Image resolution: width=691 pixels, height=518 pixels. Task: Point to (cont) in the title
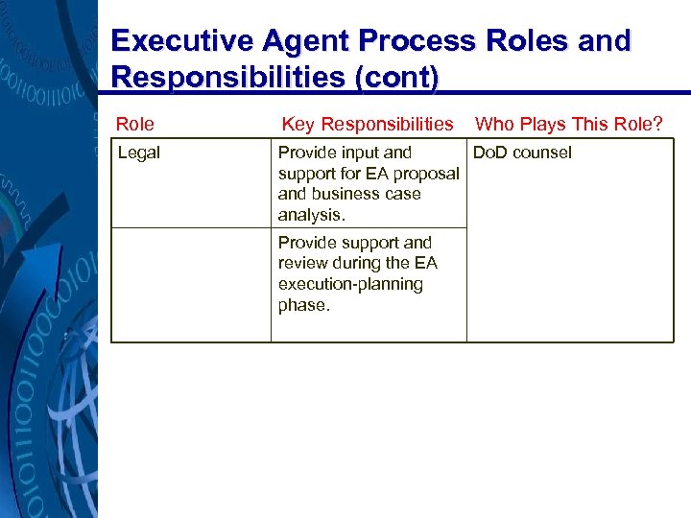[396, 77]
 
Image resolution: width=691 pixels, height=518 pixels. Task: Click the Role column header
[134, 124]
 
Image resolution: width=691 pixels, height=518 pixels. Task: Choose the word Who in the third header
[495, 124]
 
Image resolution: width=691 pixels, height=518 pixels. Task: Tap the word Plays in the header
[544, 124]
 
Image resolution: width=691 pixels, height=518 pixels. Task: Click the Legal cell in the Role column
[138, 153]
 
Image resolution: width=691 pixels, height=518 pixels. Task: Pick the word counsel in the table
[542, 153]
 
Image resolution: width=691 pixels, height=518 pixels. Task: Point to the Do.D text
[490, 153]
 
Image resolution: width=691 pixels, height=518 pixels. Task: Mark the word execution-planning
[350, 285]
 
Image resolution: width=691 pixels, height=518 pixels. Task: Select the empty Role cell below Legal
[191, 284]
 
